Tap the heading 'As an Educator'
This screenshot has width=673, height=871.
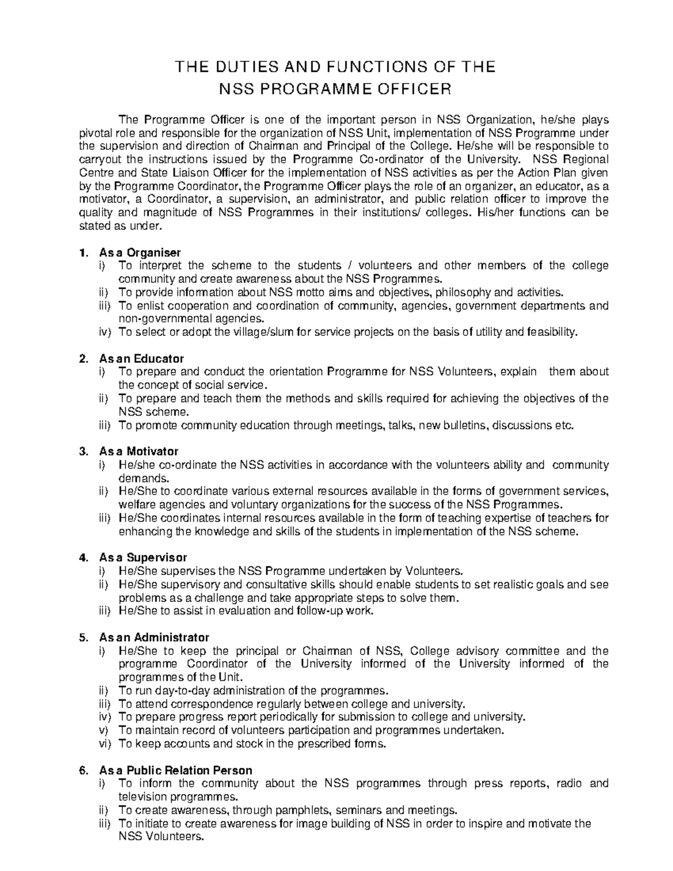pos(141,358)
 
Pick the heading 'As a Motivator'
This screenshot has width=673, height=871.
pos(139,451)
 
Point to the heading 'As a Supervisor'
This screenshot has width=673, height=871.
pos(142,557)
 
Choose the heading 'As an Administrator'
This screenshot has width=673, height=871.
pos(154,638)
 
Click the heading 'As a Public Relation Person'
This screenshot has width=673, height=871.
pos(176,771)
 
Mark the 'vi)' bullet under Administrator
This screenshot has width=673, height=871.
pos(105,744)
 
